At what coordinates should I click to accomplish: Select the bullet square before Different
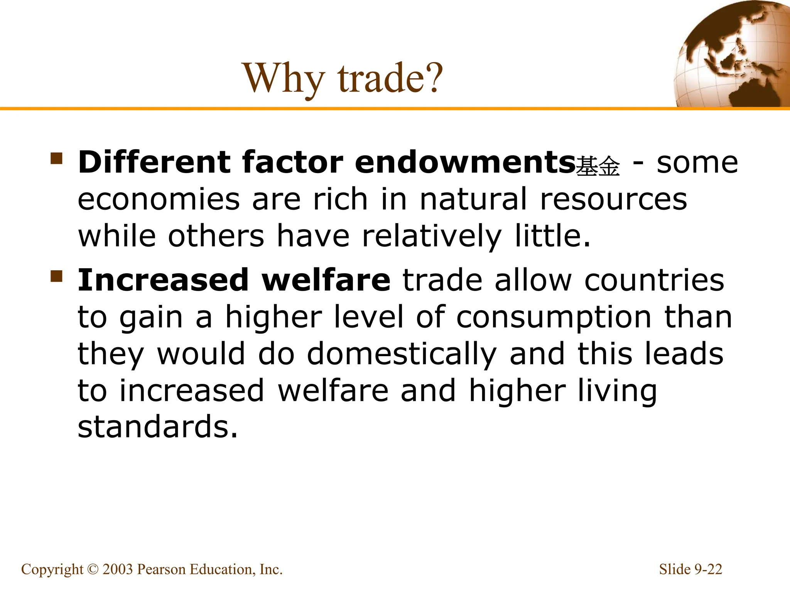click(x=56, y=158)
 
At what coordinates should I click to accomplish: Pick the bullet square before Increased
click(x=56, y=276)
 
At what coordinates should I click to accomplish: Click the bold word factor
click(x=292, y=162)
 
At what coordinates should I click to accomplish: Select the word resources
click(x=613, y=199)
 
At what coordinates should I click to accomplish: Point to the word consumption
click(x=554, y=317)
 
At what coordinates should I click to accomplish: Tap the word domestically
click(x=402, y=354)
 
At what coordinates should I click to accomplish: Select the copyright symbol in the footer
click(x=93, y=569)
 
